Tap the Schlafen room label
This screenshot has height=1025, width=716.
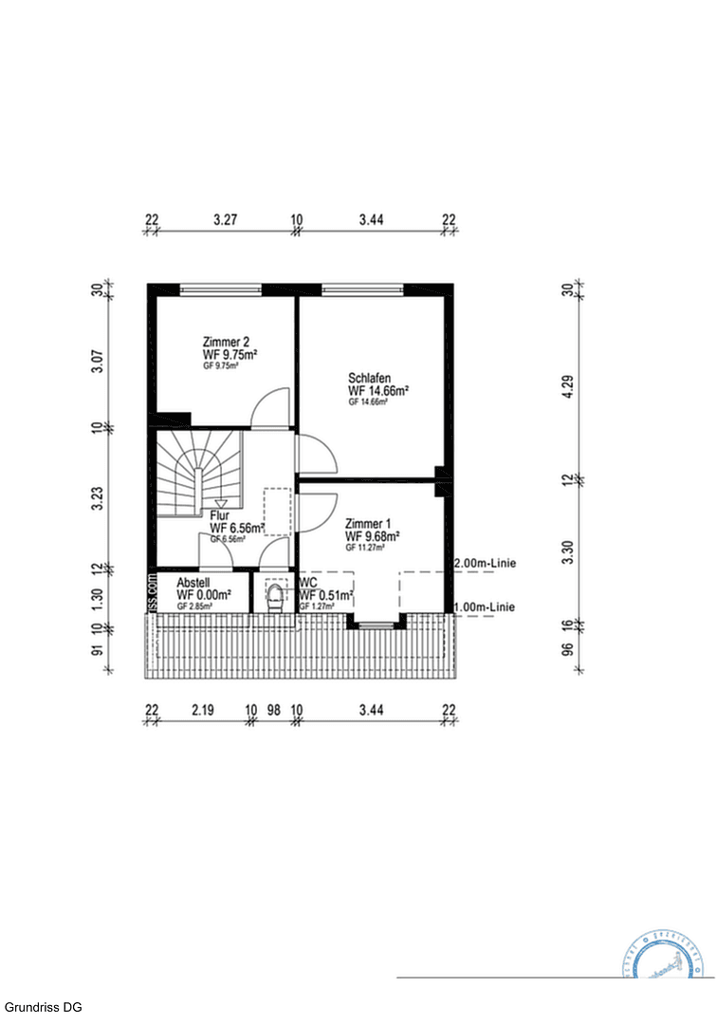(x=370, y=378)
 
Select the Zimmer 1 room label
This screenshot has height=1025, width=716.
(x=368, y=524)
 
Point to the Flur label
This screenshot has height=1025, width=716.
(x=220, y=515)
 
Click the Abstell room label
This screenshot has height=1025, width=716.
(x=193, y=583)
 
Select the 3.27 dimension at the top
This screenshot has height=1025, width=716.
(x=225, y=220)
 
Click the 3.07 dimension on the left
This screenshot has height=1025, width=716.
(x=97, y=360)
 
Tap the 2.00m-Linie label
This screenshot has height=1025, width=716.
(x=485, y=564)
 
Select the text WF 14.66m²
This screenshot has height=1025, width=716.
(x=378, y=390)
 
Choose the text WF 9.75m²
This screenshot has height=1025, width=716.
(x=230, y=354)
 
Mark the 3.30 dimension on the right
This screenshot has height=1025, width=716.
(x=568, y=551)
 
